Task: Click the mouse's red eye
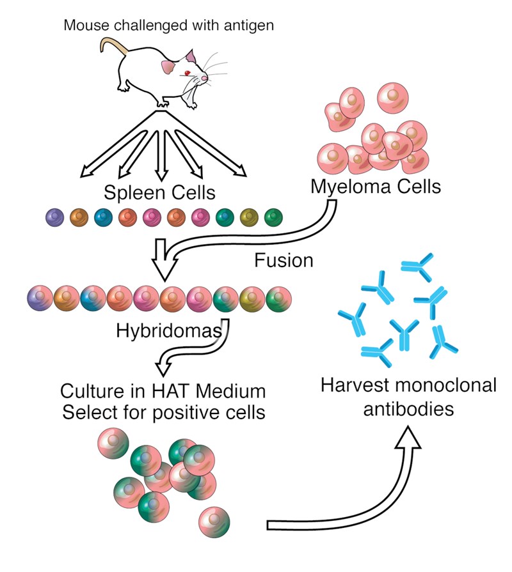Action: (188, 73)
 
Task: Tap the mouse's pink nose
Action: (205, 78)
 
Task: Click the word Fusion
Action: (284, 261)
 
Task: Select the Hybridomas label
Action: (169, 331)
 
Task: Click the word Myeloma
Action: (351, 187)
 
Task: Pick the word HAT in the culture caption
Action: (171, 391)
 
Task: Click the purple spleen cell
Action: (55, 217)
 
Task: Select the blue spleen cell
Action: (103, 217)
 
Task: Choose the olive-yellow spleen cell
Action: (249, 217)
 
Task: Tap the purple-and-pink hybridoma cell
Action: (40, 298)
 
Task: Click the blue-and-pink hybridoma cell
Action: (93, 298)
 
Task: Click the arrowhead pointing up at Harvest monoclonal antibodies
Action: (408, 437)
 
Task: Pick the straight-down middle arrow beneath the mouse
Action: (161, 155)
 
